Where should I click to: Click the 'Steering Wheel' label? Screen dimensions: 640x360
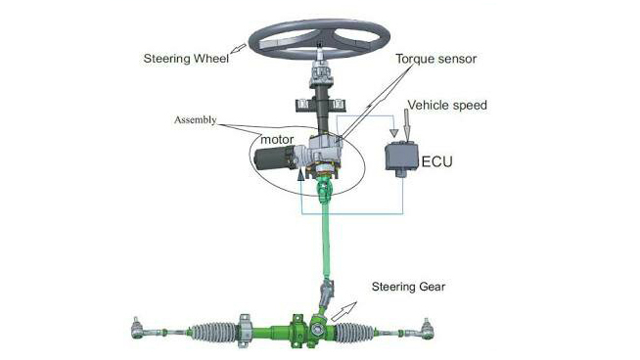point(186,59)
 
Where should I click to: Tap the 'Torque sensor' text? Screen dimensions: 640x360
point(435,59)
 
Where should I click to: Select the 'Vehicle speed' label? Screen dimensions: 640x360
point(447,106)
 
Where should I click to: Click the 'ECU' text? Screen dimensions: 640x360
point(436,161)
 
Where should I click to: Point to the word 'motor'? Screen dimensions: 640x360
point(277,140)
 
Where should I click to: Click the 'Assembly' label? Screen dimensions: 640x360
point(195,120)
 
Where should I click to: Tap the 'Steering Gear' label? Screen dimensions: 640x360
point(408,287)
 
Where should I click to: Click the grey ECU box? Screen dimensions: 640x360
point(402,157)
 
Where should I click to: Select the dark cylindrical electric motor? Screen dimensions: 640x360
point(271,158)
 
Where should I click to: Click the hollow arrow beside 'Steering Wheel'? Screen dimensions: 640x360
point(239,49)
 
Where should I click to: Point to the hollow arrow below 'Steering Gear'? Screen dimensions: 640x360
point(343,311)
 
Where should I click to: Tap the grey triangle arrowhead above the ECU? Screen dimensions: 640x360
point(393,133)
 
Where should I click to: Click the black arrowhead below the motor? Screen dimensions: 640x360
point(301,174)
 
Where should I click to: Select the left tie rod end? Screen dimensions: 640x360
point(137,329)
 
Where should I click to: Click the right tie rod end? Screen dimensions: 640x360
point(427,329)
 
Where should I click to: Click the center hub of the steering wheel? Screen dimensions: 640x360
point(319,44)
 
